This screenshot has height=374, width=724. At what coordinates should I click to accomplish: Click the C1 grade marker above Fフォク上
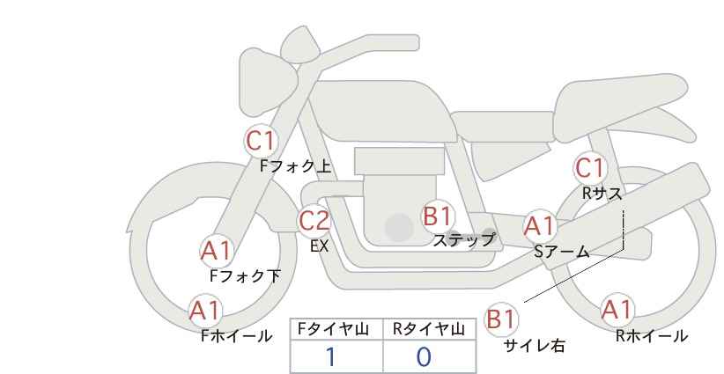(261, 141)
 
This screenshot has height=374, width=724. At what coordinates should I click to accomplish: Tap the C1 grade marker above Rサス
(589, 168)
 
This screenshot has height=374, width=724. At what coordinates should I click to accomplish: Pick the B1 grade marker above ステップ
(438, 216)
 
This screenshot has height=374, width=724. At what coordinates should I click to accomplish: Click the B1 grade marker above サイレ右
(501, 319)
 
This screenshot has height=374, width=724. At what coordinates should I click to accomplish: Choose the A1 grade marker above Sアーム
(539, 226)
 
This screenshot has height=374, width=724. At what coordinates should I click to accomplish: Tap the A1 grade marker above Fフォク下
(216, 252)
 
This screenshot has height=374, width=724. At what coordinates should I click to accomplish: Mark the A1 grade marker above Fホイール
(205, 311)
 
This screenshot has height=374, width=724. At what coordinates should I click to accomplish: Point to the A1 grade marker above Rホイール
(617, 310)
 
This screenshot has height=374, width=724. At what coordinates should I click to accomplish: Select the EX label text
(319, 246)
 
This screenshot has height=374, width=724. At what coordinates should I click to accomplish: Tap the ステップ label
(464, 240)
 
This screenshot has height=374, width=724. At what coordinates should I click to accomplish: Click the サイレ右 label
(535, 346)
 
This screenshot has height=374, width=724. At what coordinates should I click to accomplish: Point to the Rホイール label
(652, 336)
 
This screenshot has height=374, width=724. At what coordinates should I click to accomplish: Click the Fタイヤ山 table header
(333, 329)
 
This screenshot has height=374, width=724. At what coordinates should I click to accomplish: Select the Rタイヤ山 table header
(429, 329)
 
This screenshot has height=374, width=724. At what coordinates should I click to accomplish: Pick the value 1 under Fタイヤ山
(330, 357)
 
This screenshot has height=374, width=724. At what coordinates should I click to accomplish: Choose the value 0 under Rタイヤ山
(424, 357)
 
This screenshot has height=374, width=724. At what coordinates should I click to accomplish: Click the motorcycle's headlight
(267, 82)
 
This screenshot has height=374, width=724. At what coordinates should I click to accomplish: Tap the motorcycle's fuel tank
(384, 111)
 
